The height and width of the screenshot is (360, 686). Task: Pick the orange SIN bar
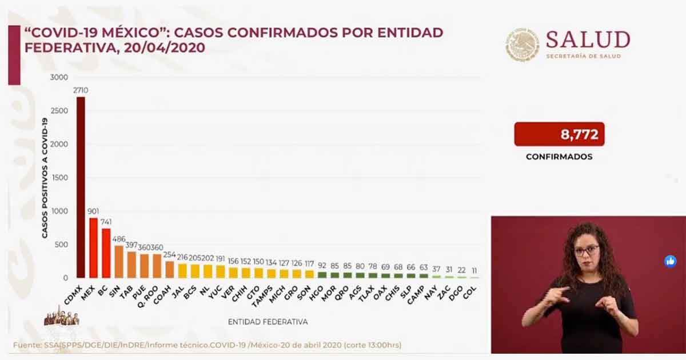(118, 262)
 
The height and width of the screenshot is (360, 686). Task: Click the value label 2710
(81, 90)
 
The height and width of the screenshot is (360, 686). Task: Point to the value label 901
(93, 211)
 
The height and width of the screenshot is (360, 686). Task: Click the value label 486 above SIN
(118, 239)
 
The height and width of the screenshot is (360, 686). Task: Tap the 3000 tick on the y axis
(59, 78)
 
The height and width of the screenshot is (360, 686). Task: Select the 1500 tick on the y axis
(59, 178)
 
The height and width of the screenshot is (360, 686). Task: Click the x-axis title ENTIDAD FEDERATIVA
(268, 322)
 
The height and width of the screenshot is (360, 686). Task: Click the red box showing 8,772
(559, 134)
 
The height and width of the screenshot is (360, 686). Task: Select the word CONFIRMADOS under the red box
(559, 156)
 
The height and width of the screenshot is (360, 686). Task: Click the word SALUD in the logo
(588, 40)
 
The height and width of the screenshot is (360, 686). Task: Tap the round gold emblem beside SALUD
(522, 45)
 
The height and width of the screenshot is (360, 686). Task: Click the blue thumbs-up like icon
(670, 261)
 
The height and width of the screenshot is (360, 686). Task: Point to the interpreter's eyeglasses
(587, 250)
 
